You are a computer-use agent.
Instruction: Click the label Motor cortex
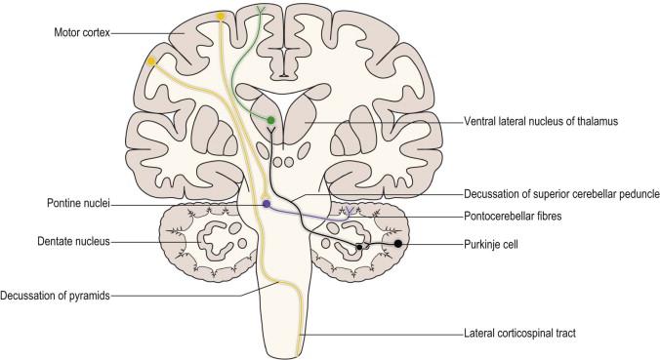coord(82,32)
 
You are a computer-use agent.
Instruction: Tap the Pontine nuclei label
coord(78,204)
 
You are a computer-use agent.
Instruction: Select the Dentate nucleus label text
coord(73,242)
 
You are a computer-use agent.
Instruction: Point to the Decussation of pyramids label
coord(55,296)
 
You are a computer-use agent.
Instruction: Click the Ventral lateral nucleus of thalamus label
coord(541,122)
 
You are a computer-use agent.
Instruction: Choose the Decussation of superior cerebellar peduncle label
coord(561,194)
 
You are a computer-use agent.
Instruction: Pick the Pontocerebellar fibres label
coord(513,217)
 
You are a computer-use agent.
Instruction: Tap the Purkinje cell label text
coord(491,244)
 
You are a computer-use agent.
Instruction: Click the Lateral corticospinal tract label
coord(519,334)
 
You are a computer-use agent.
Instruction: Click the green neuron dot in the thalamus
coord(271,120)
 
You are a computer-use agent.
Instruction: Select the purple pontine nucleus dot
coord(266,204)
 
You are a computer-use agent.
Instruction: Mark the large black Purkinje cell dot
coord(397,244)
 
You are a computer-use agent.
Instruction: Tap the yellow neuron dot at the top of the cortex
coord(220,17)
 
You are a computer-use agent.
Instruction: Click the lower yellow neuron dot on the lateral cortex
coord(151,61)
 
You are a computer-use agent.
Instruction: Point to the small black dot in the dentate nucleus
coord(359,247)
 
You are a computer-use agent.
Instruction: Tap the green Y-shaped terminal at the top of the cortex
coord(260,10)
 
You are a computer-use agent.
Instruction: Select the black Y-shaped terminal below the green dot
coord(271,134)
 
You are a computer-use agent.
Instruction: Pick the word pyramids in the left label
coord(90,296)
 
